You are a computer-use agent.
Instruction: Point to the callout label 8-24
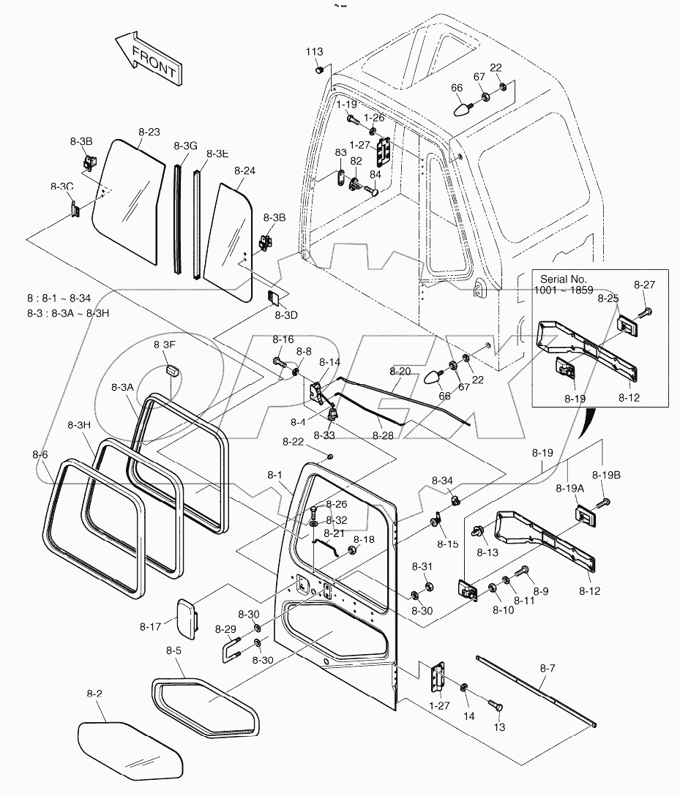coord(245,171)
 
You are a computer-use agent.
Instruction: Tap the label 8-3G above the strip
coord(186,146)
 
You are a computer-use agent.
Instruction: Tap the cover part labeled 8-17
coord(188,617)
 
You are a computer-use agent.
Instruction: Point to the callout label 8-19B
coord(606,476)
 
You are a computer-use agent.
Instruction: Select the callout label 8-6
coord(40,454)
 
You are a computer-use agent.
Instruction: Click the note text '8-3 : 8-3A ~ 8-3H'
coord(72,314)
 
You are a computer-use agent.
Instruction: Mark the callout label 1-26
coord(374,117)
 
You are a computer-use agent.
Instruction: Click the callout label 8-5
coord(173,650)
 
